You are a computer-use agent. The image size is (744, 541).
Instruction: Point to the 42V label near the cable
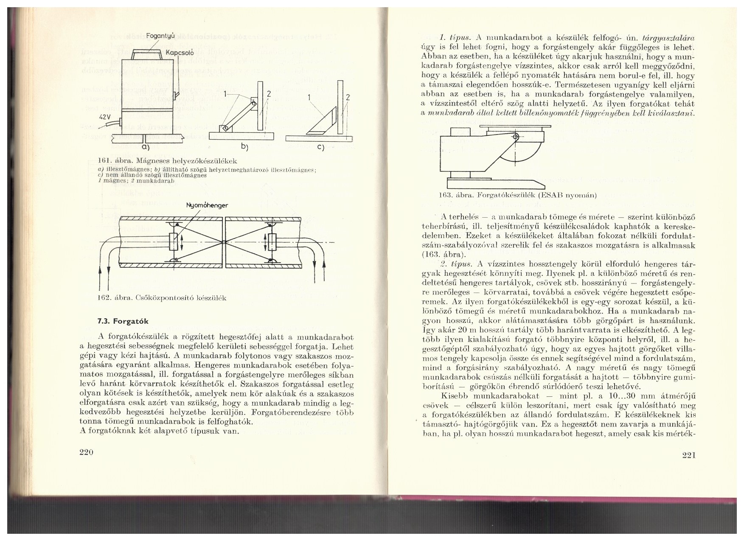(x=105, y=117)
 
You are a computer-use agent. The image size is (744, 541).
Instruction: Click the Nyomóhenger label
(x=207, y=205)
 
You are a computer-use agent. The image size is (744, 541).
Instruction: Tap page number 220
(x=86, y=453)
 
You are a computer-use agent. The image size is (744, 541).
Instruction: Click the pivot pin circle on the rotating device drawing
(x=515, y=137)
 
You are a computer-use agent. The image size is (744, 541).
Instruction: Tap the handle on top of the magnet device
(x=145, y=54)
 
